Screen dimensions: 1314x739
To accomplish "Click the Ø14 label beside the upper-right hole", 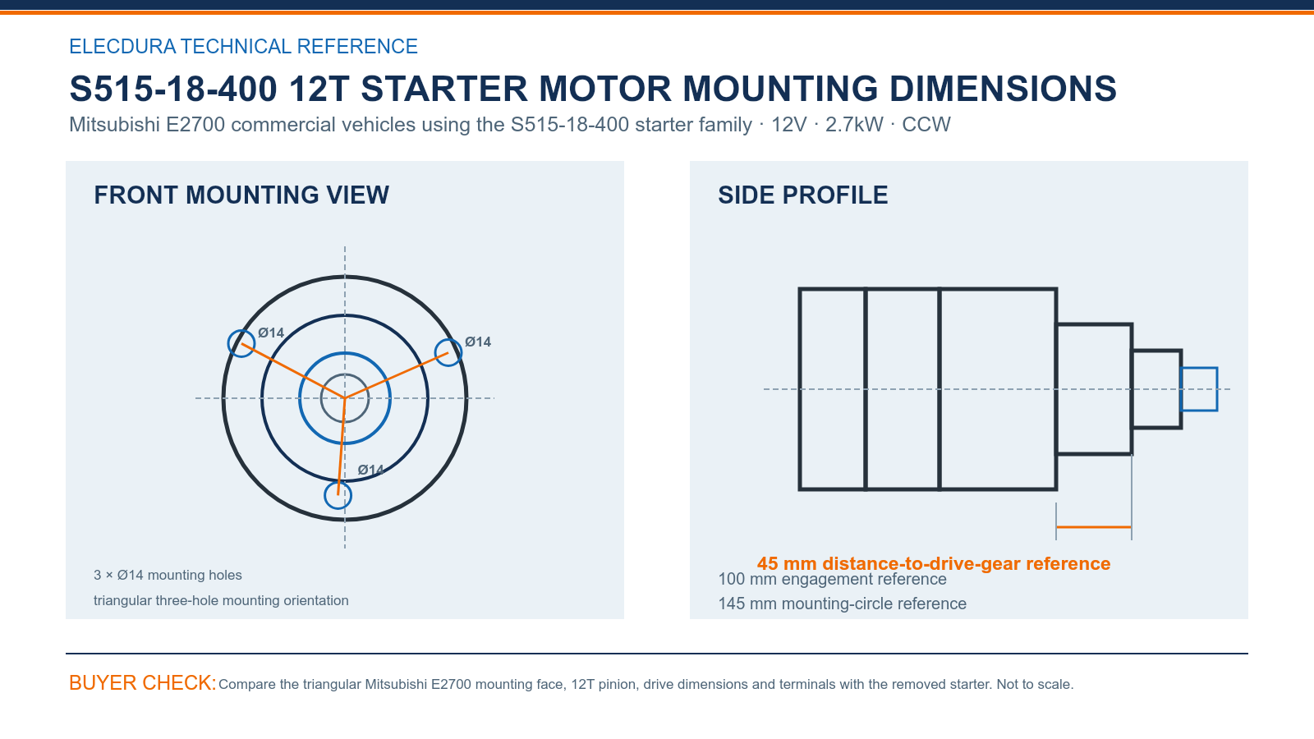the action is [478, 342].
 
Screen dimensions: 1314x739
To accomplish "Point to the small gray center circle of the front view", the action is [345, 374].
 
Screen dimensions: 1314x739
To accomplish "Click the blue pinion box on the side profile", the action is [1199, 369].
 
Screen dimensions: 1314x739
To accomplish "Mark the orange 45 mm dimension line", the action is [1094, 527].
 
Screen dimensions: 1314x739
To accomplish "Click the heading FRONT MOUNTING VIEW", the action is [241, 195].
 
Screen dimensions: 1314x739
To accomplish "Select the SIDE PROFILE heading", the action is [802, 195].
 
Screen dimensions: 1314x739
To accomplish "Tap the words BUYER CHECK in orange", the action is [143, 682].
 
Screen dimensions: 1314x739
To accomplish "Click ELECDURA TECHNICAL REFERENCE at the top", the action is [243, 46].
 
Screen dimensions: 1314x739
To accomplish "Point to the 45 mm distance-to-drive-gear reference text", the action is [933, 563].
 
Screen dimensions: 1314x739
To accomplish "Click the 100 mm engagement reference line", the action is [833, 580].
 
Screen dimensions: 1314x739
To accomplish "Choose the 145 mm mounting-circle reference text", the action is [842, 604].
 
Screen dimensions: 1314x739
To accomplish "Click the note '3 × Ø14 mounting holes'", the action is [168, 575].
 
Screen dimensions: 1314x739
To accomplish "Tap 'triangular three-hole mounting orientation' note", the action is [221, 600].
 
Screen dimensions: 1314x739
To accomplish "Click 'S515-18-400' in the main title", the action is [173, 89].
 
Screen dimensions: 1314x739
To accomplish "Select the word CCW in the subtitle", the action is [926, 124].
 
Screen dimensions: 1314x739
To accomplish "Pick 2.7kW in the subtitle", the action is [854, 124].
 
